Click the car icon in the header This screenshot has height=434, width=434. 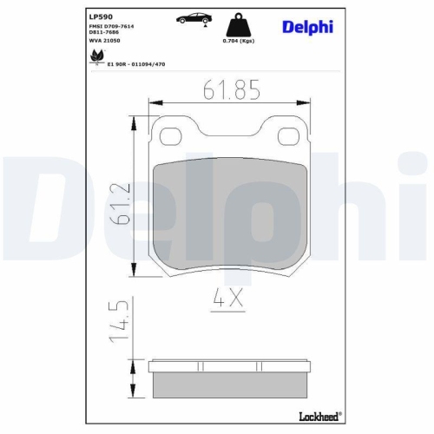[194, 19]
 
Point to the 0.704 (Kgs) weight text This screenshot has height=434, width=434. [238, 41]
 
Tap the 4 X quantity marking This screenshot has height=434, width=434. [227, 300]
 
